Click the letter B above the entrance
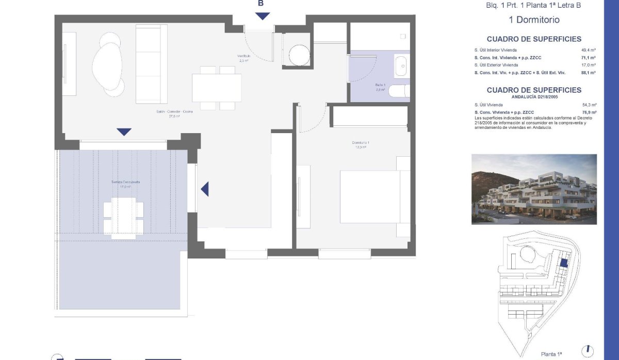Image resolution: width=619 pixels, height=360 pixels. coord(261,4)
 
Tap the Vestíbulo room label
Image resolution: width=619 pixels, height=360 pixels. coord(243,58)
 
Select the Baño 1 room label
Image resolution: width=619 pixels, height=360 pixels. coord(381,87)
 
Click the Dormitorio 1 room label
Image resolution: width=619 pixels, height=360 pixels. coord(360,145)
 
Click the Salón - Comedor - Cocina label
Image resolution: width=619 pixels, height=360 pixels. coord(174,113)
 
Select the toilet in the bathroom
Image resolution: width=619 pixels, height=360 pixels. coord(399,91)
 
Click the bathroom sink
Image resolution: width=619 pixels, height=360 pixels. coord(401,66)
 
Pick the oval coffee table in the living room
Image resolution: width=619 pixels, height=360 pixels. coord(108,65)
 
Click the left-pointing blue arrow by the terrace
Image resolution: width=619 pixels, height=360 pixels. coord(205,189)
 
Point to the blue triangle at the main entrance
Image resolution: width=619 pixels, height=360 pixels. coord(263,17)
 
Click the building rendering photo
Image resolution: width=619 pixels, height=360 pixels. coord(534,189)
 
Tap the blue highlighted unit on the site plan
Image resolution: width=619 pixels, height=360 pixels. coord(564,263)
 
